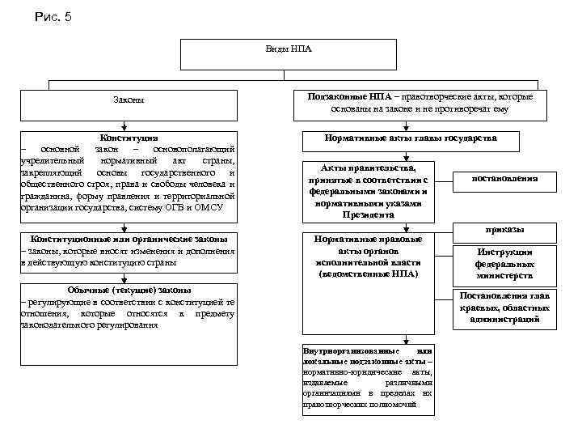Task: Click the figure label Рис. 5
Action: (53, 17)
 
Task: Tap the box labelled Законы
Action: (129, 100)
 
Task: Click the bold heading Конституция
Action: (129, 138)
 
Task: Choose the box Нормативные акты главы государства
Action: (410, 138)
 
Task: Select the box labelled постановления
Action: (505, 180)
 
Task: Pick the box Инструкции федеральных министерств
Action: (504, 264)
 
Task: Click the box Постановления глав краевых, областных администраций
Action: (504, 308)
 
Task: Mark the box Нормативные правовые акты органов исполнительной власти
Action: (368, 257)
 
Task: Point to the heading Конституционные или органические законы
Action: (129, 240)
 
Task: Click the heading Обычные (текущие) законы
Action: (129, 291)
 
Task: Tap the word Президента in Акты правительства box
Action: (368, 214)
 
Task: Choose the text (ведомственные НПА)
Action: (368, 274)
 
